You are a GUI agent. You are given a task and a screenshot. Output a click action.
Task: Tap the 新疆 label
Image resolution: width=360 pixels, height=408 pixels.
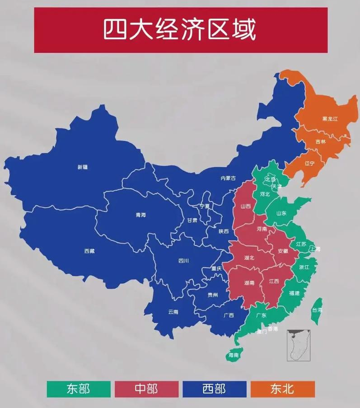(x=83, y=167)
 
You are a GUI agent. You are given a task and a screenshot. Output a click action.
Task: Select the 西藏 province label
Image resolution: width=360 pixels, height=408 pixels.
(x=89, y=251)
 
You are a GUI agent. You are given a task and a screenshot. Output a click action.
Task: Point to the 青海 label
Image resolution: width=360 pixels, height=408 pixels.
(x=141, y=215)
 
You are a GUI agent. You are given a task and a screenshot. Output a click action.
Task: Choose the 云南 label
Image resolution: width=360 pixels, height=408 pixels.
(x=173, y=312)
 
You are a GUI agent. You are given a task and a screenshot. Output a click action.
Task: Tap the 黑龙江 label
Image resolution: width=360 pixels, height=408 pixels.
(x=330, y=119)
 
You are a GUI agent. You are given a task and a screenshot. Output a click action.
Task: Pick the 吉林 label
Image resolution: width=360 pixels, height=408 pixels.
(x=320, y=142)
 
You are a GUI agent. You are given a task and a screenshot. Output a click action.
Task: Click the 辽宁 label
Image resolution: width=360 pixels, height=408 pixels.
(x=309, y=163)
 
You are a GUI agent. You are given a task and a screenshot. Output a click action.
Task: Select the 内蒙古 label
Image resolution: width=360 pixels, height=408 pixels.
(x=228, y=178)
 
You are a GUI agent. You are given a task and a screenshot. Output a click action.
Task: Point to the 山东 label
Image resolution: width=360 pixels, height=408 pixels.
(x=281, y=213)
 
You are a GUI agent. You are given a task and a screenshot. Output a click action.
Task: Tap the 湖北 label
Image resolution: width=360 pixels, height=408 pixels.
(x=249, y=258)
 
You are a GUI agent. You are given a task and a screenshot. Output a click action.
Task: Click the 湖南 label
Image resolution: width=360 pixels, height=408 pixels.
(x=249, y=283)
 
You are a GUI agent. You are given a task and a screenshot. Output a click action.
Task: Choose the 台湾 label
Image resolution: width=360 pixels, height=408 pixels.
(x=317, y=310)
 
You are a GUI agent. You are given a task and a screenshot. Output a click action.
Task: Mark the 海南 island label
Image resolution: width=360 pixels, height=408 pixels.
(x=234, y=355)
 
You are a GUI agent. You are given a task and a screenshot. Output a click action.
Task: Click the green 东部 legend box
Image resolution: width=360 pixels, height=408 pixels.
(x=78, y=389)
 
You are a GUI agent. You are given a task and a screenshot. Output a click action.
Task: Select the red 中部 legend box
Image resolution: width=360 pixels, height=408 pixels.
(x=146, y=389)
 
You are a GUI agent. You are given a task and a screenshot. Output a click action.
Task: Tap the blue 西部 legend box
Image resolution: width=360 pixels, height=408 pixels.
(x=215, y=389)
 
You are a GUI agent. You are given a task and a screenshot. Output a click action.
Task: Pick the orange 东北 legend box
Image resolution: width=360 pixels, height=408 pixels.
(x=282, y=389)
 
